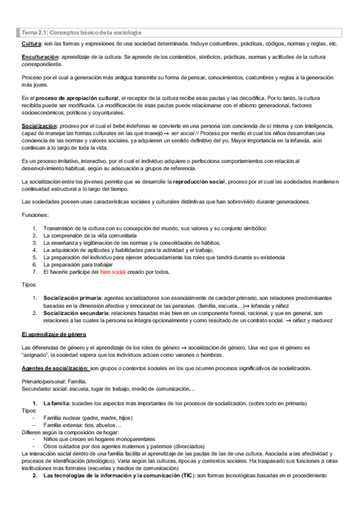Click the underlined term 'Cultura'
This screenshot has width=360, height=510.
(x=31, y=45)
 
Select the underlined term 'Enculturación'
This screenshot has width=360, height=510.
(x=39, y=56)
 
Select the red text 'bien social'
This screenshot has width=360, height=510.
(x=113, y=272)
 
